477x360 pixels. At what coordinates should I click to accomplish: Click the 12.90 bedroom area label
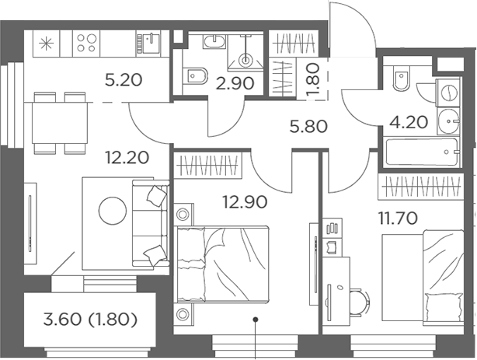[245, 201]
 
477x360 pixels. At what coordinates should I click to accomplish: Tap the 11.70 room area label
[398, 218]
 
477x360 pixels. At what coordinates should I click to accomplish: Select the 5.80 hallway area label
[308, 127]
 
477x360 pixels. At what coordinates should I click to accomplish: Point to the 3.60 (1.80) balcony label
[90, 320]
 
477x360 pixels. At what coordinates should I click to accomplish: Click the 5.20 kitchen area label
[124, 80]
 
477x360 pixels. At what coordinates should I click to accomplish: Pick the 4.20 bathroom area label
[409, 122]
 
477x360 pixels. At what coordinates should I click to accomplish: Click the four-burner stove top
[86, 43]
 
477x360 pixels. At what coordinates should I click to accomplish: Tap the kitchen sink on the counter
[151, 43]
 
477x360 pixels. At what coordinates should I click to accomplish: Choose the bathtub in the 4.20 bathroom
[422, 152]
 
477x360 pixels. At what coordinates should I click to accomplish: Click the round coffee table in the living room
[112, 211]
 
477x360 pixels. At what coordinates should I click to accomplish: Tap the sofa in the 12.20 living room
[150, 224]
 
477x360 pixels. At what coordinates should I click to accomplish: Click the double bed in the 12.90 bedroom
[221, 264]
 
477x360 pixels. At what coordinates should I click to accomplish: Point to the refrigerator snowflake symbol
[47, 44]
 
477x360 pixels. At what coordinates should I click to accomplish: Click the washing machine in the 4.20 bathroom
[448, 93]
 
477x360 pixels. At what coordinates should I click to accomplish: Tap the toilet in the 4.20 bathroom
[401, 79]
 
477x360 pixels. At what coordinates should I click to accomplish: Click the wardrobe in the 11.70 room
[421, 187]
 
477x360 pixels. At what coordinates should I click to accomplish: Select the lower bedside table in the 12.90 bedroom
[183, 313]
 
